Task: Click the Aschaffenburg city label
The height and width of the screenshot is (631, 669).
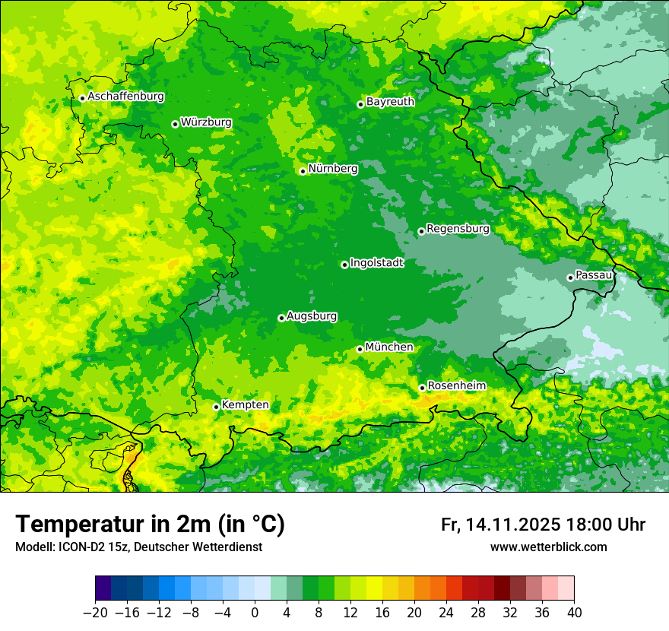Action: (x=125, y=97)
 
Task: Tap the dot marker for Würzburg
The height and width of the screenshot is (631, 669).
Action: (x=175, y=124)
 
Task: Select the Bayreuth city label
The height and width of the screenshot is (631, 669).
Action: (x=390, y=101)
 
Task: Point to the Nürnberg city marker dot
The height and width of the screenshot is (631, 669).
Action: (x=303, y=171)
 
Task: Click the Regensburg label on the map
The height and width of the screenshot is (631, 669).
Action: (x=458, y=228)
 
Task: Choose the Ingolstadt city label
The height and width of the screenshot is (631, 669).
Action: (x=376, y=262)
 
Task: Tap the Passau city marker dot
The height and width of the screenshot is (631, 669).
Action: (x=570, y=277)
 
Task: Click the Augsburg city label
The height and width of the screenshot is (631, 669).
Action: (x=312, y=316)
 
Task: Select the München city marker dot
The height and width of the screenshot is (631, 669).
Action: (x=360, y=349)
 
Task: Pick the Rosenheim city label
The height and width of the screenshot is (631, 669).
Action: (x=456, y=385)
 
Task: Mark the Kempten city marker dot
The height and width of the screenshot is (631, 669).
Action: (x=216, y=407)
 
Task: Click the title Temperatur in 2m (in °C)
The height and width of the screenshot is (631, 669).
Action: (x=150, y=524)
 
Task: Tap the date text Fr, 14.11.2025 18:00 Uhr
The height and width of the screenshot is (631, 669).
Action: (x=543, y=525)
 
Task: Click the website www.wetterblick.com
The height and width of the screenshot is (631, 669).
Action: (x=548, y=547)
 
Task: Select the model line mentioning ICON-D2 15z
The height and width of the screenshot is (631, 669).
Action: (x=138, y=547)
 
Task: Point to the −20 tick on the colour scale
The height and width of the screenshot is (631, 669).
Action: (x=95, y=613)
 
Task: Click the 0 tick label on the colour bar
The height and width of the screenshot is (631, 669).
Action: (x=255, y=613)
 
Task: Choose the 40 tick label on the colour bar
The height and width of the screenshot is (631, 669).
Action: (x=574, y=613)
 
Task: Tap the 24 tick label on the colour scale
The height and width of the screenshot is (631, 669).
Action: (x=446, y=613)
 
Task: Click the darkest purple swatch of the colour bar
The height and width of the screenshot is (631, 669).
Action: (x=103, y=588)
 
